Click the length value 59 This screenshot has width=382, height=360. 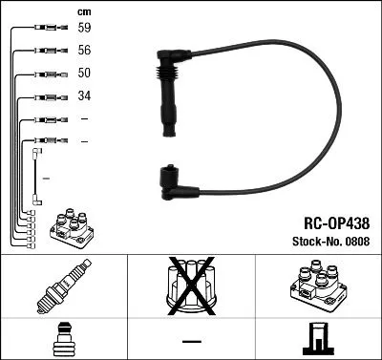[x=85, y=28]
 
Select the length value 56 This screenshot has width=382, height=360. [x=85, y=51]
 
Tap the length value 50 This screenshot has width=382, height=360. [x=85, y=74]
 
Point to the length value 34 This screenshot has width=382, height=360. [x=85, y=96]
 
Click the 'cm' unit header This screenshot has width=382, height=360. [x=83, y=11]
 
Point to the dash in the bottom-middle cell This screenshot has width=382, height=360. [x=191, y=340]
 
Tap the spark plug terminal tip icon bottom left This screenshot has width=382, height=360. [x=62, y=339]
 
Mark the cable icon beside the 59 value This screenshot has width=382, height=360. [x=49, y=28]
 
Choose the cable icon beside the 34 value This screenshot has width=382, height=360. [x=49, y=96]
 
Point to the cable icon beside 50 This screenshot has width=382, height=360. [x=49, y=74]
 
